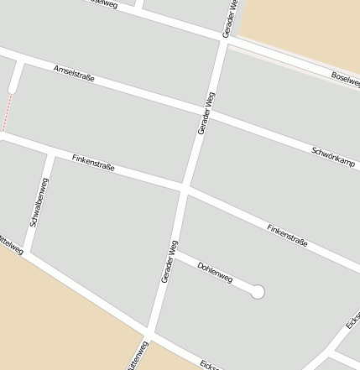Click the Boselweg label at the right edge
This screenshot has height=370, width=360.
click(x=345, y=80)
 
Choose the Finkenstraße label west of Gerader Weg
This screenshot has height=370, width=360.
click(x=93, y=163)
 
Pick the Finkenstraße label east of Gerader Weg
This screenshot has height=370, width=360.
click(x=287, y=235)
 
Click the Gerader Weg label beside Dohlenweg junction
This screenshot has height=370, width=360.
click(x=169, y=261)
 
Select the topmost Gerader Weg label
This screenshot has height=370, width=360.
click(x=230, y=18)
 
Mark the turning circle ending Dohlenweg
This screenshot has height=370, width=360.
click(x=258, y=292)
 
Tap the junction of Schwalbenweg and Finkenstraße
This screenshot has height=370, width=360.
click(x=50, y=154)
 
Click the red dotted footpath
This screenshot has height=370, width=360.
click(x=8, y=112)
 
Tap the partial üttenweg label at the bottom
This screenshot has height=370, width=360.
click(x=138, y=356)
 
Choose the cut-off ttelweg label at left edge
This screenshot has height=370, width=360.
click(x=11, y=244)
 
